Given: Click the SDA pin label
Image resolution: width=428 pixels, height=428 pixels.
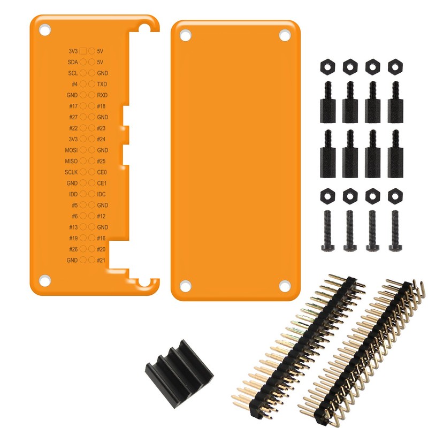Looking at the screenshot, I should point(73,62).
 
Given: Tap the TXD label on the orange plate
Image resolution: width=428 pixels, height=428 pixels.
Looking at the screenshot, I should point(102,84).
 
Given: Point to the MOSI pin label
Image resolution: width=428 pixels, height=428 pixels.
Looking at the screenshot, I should point(71,150).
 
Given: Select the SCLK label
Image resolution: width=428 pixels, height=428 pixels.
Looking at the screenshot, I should point(71,172).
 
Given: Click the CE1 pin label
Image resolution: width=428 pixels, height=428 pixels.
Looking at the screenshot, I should point(102,183).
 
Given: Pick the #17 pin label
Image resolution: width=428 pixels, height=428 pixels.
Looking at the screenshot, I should point(73,106).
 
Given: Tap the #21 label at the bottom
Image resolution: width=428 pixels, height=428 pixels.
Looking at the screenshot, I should point(101,260).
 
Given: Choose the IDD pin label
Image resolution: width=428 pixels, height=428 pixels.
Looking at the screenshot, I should point(73,194).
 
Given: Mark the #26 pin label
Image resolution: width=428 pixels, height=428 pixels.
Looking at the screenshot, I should point(73,249).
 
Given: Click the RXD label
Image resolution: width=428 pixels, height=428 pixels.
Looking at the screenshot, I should point(102,95).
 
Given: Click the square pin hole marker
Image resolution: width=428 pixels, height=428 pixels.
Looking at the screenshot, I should point(83,51).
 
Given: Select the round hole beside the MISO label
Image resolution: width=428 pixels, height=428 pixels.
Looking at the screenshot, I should point(83,161).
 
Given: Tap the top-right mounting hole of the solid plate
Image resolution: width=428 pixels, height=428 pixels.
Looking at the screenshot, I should point(284,35).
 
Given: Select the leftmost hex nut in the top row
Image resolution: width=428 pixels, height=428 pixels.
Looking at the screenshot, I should point(326,66).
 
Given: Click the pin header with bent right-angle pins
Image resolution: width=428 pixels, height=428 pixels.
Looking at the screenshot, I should point(364,348).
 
